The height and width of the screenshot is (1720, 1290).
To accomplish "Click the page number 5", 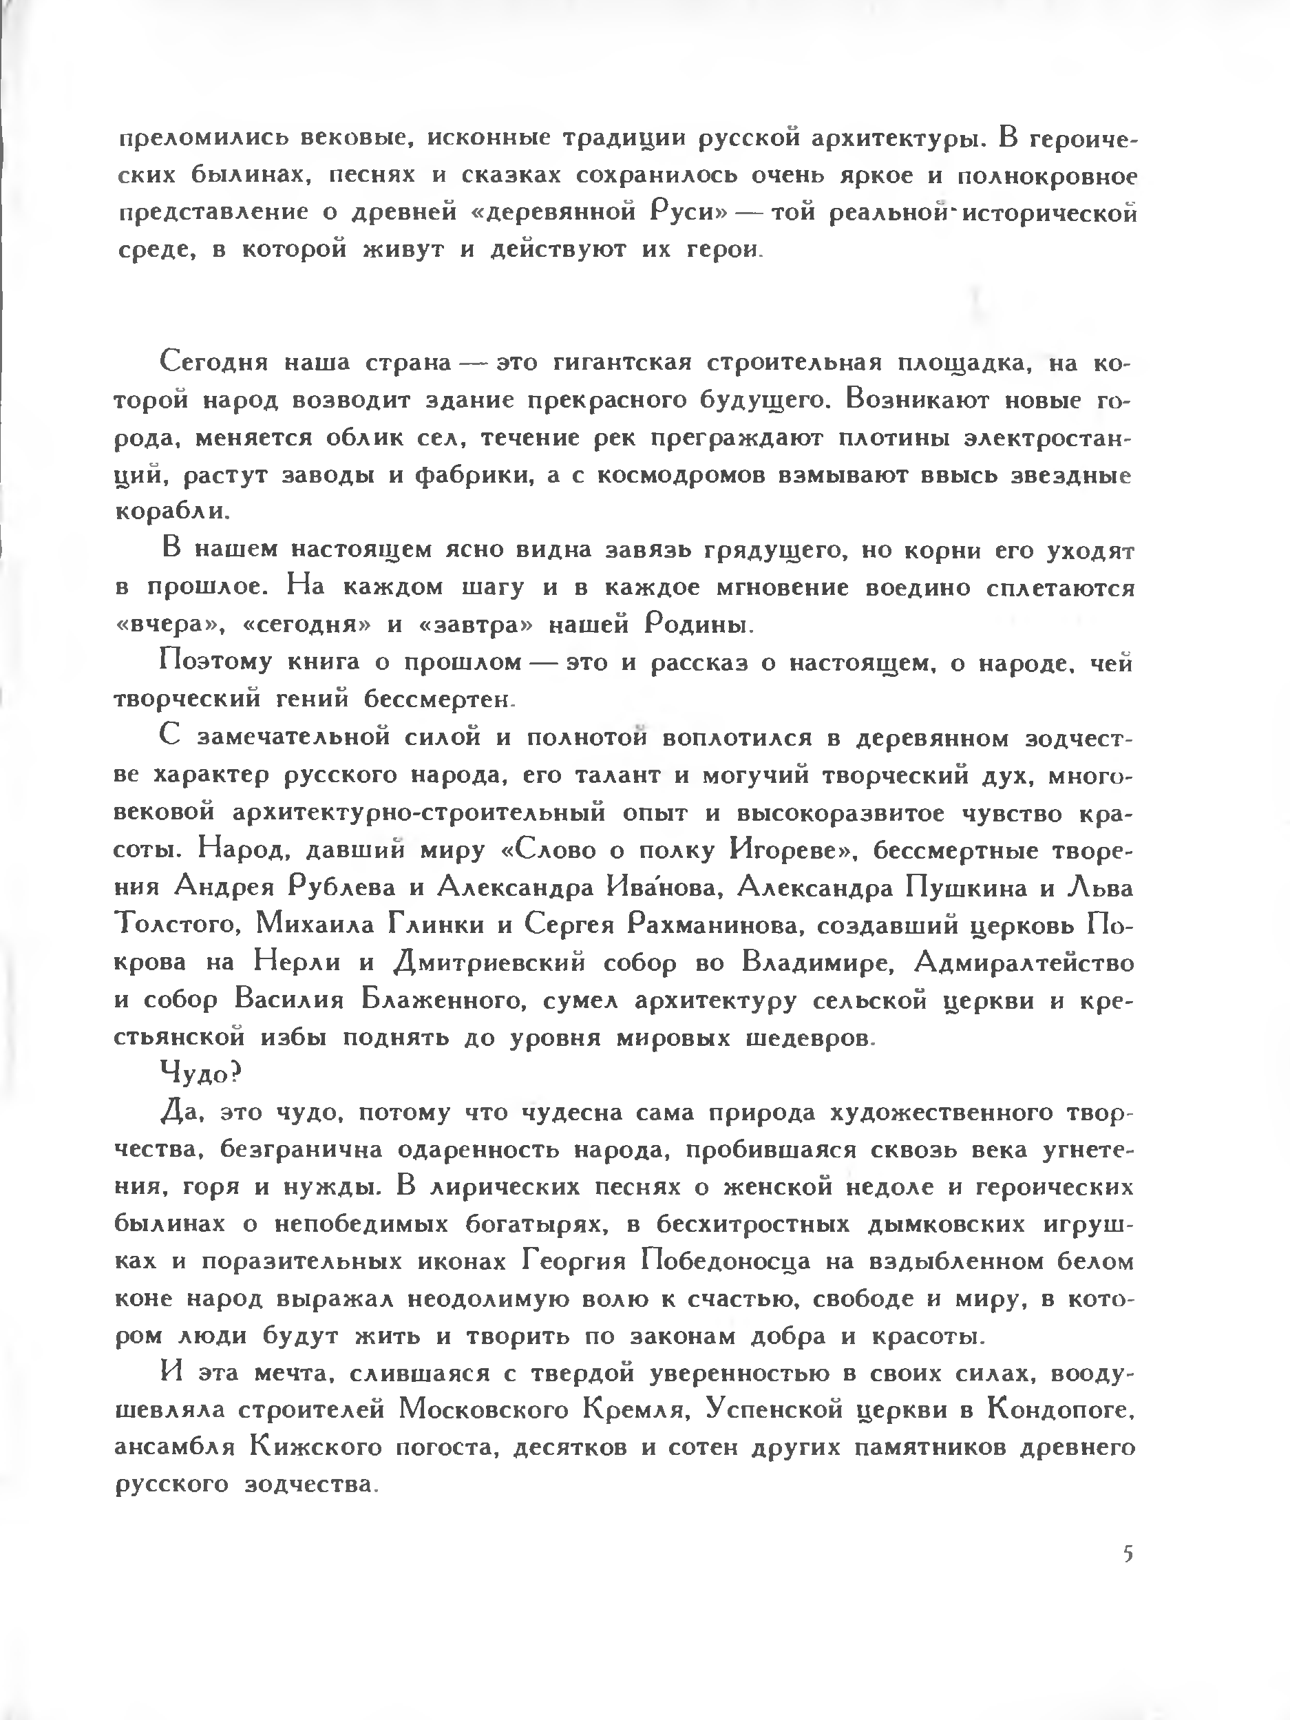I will (1128, 1554).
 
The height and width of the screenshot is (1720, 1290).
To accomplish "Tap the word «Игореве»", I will (787, 850).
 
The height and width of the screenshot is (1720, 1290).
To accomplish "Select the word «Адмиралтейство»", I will (1024, 963).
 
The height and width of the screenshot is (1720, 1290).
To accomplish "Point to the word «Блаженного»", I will (441, 1000).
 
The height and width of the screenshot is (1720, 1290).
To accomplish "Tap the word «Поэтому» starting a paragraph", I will (215, 662).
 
